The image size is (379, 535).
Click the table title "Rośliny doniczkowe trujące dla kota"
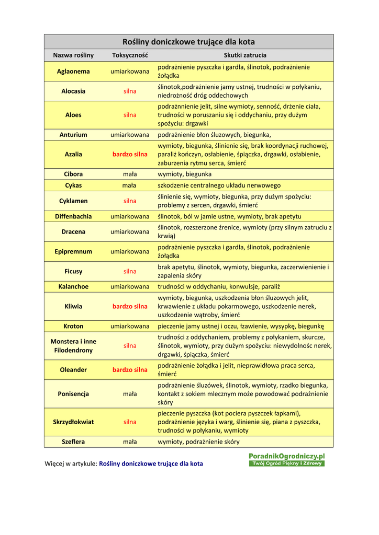tap(188, 42)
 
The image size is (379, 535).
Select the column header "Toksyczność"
tap(130, 55)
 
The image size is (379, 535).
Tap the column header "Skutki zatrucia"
tap(245, 55)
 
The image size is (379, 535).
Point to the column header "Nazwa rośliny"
tap(73, 55)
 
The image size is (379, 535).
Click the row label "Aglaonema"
tap(73, 72)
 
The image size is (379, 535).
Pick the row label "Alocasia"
tap(73, 91)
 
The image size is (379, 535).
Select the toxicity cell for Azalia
tap(130, 155)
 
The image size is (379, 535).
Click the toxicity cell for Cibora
tap(130, 175)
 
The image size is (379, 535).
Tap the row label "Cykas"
tap(73, 185)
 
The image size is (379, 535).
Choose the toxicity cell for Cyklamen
tap(130, 201)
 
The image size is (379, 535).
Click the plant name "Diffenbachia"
tap(73, 216)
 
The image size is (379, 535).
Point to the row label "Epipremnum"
tap(73, 252)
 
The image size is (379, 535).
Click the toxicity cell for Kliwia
tap(130, 307)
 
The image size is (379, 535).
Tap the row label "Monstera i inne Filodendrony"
tap(73, 346)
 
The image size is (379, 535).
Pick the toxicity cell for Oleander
tap(130, 370)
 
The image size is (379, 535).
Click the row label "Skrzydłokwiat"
tap(73, 422)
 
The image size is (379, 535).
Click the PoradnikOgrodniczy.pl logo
tap(286, 460)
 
